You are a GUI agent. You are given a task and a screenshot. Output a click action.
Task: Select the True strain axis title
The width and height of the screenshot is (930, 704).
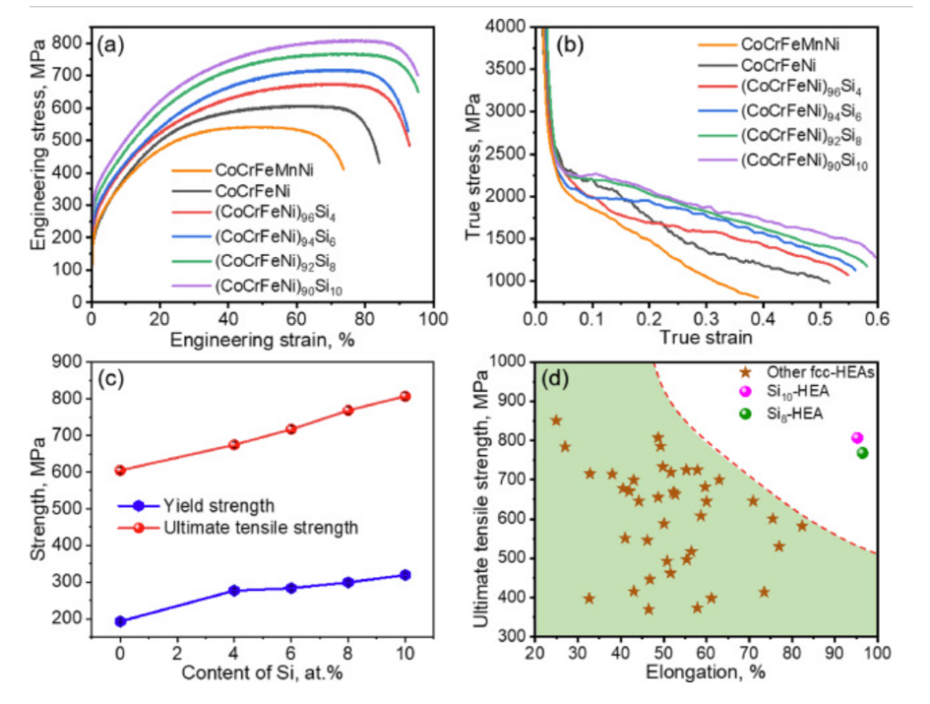coord(706,338)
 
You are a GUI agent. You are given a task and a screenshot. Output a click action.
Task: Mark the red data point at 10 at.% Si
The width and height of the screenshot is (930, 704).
coord(405,396)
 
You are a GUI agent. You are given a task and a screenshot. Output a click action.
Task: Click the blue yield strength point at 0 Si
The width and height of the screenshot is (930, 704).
coord(120,621)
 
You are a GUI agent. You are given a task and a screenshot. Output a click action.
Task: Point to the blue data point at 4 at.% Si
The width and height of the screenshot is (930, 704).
coord(234,590)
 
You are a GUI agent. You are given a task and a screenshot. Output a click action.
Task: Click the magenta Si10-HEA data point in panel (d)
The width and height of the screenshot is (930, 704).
coord(856,438)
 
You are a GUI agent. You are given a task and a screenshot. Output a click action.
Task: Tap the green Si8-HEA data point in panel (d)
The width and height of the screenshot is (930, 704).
coord(862,453)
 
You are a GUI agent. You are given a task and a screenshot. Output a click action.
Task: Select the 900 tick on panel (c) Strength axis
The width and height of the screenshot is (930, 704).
coord(66,362)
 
